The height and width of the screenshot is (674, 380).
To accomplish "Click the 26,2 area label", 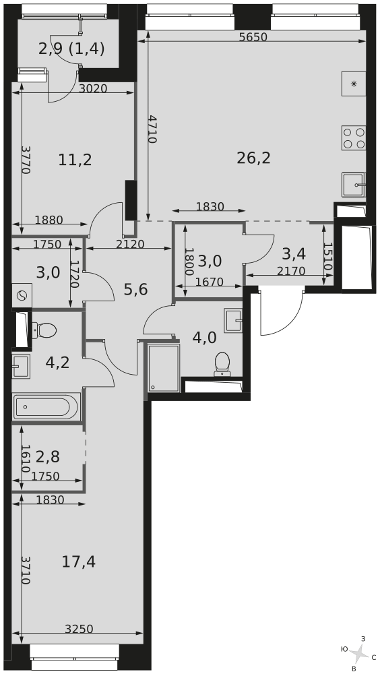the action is click(x=253, y=158).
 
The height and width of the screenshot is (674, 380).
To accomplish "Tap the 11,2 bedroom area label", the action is click(x=75, y=160).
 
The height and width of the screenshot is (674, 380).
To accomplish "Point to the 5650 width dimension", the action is click(x=253, y=37).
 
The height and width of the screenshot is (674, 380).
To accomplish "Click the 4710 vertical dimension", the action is click(x=152, y=129).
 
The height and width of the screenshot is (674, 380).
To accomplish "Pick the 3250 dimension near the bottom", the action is click(x=79, y=630).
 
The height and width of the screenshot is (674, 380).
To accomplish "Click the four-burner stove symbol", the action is click(x=354, y=137).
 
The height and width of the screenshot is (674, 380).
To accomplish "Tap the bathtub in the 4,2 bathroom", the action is click(x=46, y=406).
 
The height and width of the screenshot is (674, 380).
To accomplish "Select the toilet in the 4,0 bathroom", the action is click(x=222, y=364).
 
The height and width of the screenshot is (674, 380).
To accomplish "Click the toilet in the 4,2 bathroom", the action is click(x=44, y=330).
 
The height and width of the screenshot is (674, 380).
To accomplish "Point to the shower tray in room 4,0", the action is click(x=164, y=367).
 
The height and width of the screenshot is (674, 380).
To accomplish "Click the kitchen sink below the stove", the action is click(x=354, y=185).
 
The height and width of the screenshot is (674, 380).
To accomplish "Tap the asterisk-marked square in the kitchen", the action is click(x=354, y=84).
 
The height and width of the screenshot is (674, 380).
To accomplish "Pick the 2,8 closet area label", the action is click(x=48, y=456).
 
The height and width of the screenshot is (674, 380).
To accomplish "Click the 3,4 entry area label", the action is click(x=294, y=254).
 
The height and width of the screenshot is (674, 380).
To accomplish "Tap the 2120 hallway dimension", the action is click(x=130, y=244).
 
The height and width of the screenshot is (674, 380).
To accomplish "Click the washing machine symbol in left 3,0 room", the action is click(x=22, y=295).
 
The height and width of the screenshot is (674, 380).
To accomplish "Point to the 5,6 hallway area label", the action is click(x=136, y=290).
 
